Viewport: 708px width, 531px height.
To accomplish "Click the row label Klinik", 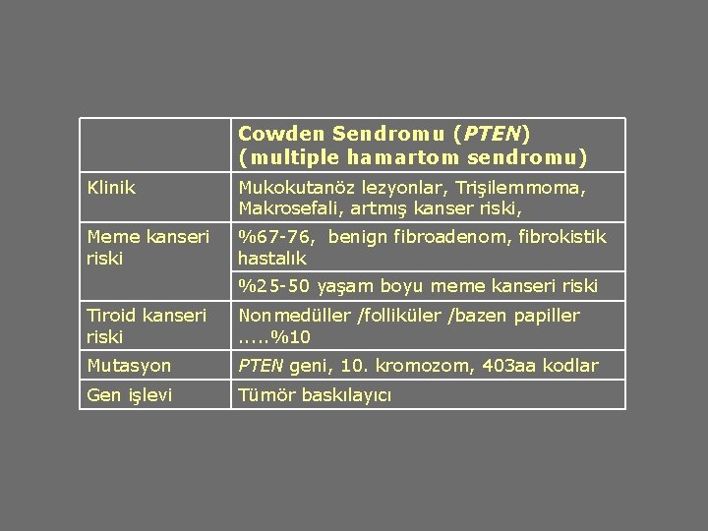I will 111,186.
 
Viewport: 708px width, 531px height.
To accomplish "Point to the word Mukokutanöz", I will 292,186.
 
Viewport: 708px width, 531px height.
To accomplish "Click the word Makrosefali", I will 284,207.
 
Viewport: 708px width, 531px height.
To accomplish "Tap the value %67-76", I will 277,236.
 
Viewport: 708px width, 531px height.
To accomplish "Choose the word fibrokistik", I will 563,236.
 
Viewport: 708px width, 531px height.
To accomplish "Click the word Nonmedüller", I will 293,316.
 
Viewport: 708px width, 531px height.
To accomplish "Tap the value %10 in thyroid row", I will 294,337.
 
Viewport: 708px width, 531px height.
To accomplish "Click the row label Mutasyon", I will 129,366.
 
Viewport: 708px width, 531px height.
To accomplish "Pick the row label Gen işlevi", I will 129,394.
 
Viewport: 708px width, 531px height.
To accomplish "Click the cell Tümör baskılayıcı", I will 315,394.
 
